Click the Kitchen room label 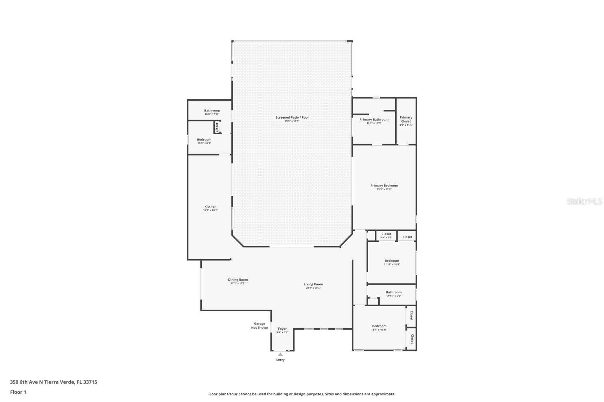(210, 206)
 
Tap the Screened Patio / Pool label (292, 117)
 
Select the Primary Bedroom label (384, 186)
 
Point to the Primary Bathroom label (374, 120)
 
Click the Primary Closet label (406, 119)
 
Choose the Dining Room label (238, 280)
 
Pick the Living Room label (313, 284)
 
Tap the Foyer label (282, 329)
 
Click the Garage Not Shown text (260, 325)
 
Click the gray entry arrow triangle (280, 354)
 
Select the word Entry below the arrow (280, 360)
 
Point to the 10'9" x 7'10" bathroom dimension (212, 114)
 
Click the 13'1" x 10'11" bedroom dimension (379, 330)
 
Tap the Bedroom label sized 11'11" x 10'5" (392, 261)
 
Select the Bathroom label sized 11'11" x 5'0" (394, 292)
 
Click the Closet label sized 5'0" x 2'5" (386, 234)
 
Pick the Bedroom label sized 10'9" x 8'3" (204, 139)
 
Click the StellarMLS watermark (584, 201)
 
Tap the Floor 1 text (18, 392)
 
